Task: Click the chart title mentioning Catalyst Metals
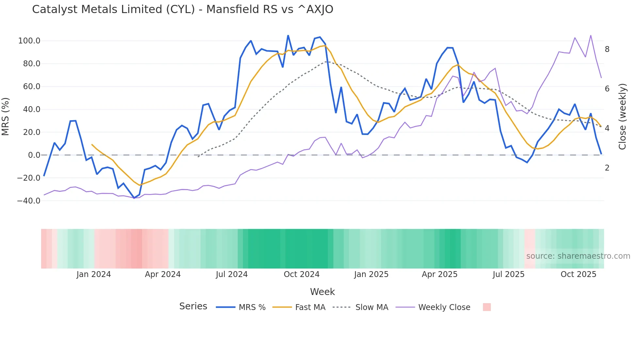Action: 183,9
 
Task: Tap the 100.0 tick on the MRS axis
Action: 29,41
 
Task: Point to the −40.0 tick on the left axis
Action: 29,201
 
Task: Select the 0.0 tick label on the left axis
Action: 34,155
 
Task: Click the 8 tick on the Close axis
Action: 607,49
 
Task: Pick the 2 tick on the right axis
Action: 607,168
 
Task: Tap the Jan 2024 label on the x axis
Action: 94,274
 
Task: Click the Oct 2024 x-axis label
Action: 301,274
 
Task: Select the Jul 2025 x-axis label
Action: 508,274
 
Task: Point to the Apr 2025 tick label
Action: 440,274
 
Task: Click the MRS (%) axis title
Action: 6,116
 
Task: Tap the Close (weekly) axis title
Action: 622,116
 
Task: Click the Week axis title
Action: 322,292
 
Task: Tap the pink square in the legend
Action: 487,307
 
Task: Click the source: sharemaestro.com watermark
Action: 578,256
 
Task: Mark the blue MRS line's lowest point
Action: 134,198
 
